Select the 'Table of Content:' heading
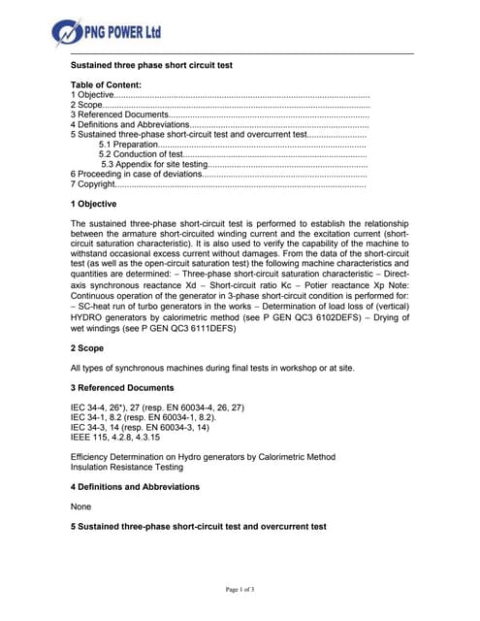tap(107, 85)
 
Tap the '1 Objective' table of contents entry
tap(93, 96)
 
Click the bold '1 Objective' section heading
tap(94, 204)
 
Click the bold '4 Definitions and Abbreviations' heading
tap(136, 486)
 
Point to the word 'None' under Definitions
tap(82, 507)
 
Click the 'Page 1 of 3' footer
tap(240, 590)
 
